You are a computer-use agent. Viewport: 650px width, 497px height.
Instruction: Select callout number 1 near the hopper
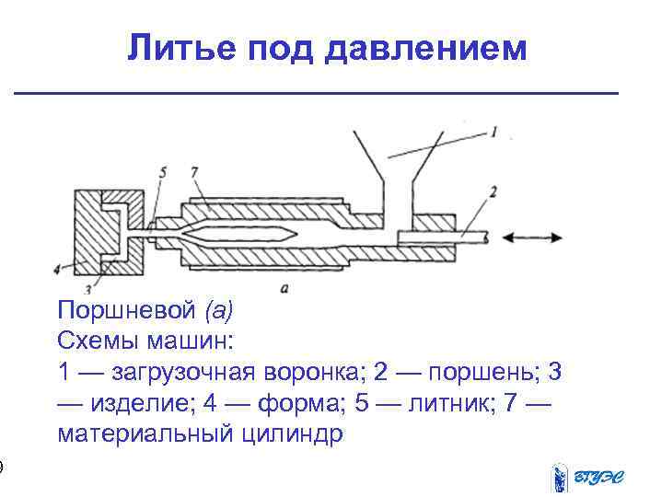click(x=494, y=133)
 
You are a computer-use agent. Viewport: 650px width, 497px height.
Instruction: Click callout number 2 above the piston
click(x=494, y=191)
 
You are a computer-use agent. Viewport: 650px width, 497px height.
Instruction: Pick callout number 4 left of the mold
click(x=58, y=270)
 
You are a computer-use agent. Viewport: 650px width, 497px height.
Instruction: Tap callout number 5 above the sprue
click(x=163, y=171)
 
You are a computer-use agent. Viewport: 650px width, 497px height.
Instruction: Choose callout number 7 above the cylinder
click(x=193, y=171)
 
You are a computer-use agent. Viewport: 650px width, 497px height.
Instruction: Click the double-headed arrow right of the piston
click(x=538, y=237)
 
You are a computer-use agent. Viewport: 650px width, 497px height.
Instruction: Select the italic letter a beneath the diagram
click(x=286, y=289)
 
